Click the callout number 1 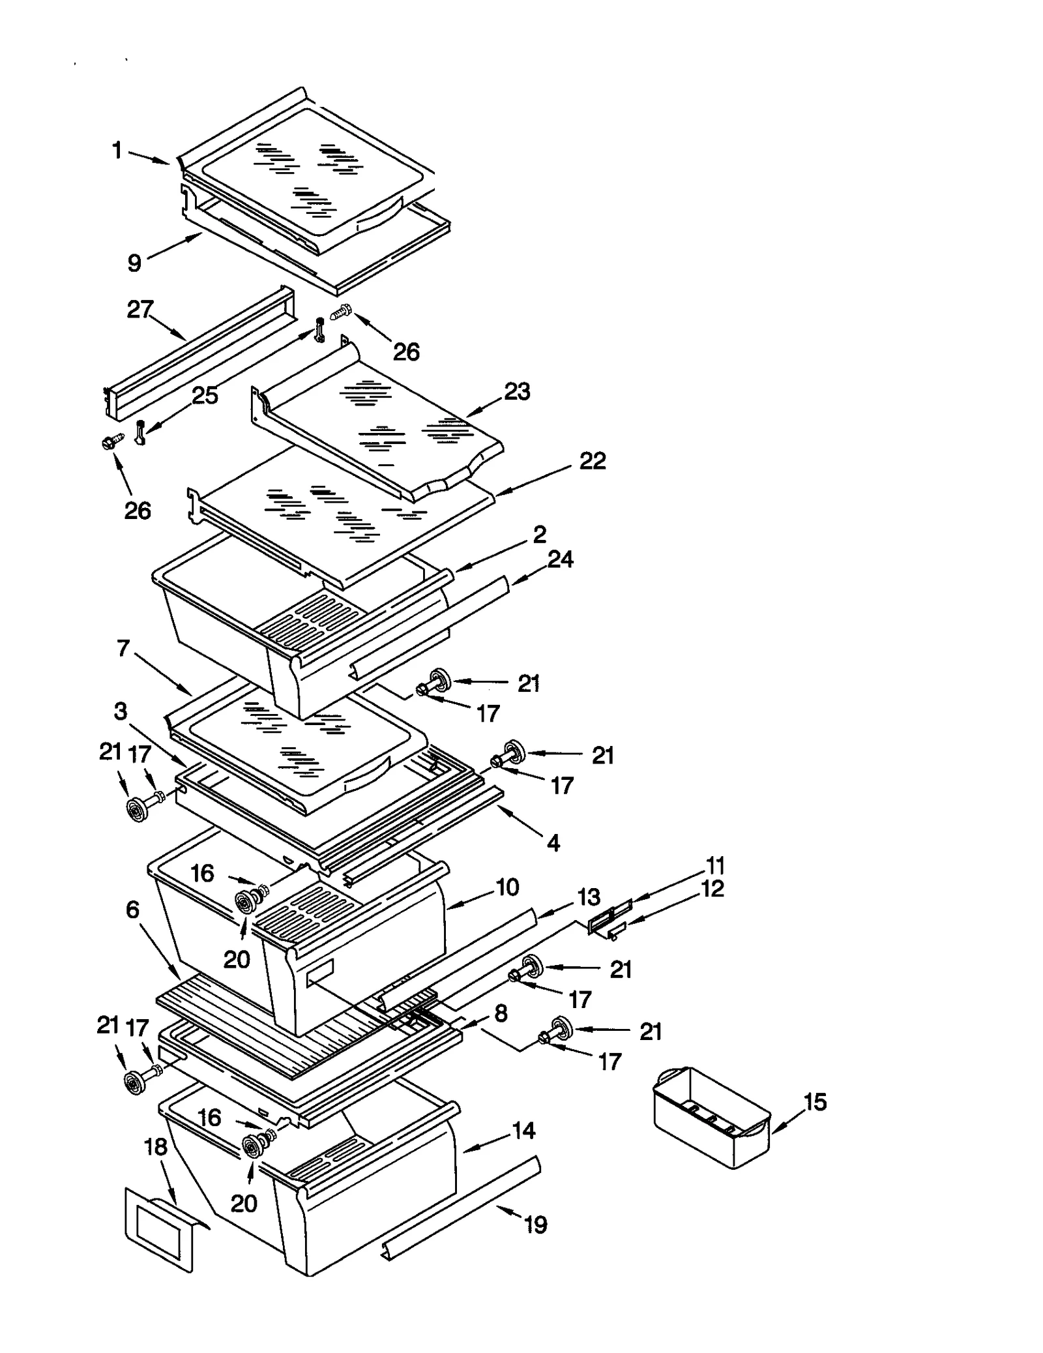pyautogui.click(x=117, y=151)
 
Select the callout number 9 pyautogui.click(x=134, y=263)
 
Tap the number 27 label pyautogui.click(x=140, y=309)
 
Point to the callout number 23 pyautogui.click(x=517, y=391)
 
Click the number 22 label pyautogui.click(x=592, y=461)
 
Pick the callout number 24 pyautogui.click(x=560, y=559)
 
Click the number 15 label pyautogui.click(x=815, y=1102)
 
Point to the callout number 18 pyautogui.click(x=156, y=1146)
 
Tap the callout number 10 pyautogui.click(x=507, y=887)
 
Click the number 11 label pyautogui.click(x=715, y=866)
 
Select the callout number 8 pyautogui.click(x=501, y=1013)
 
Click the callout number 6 pyautogui.click(x=132, y=909)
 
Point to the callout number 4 pyautogui.click(x=553, y=843)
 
